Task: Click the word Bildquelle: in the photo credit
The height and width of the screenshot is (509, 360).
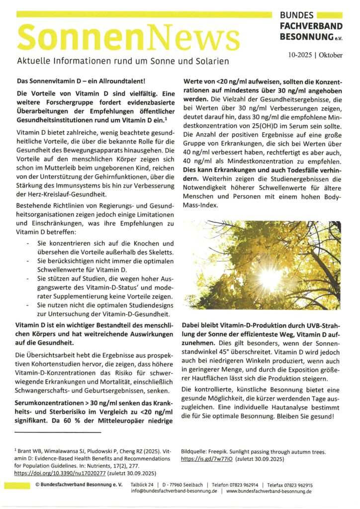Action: click(197, 452)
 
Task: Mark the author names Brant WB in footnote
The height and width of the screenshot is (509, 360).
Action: click(32, 449)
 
